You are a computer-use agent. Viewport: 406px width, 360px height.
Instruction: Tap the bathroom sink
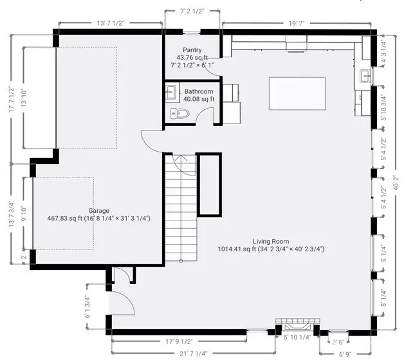click(171, 93)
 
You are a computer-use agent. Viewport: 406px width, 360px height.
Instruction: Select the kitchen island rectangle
click(297, 94)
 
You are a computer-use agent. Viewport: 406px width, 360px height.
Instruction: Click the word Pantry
click(193, 50)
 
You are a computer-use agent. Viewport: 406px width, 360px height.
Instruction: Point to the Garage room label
click(98, 211)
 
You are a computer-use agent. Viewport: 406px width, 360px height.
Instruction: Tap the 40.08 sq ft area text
click(198, 100)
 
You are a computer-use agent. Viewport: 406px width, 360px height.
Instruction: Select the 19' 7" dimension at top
click(297, 22)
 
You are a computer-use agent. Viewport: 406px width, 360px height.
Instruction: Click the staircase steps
click(180, 212)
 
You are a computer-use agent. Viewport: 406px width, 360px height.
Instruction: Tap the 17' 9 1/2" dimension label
click(178, 341)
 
